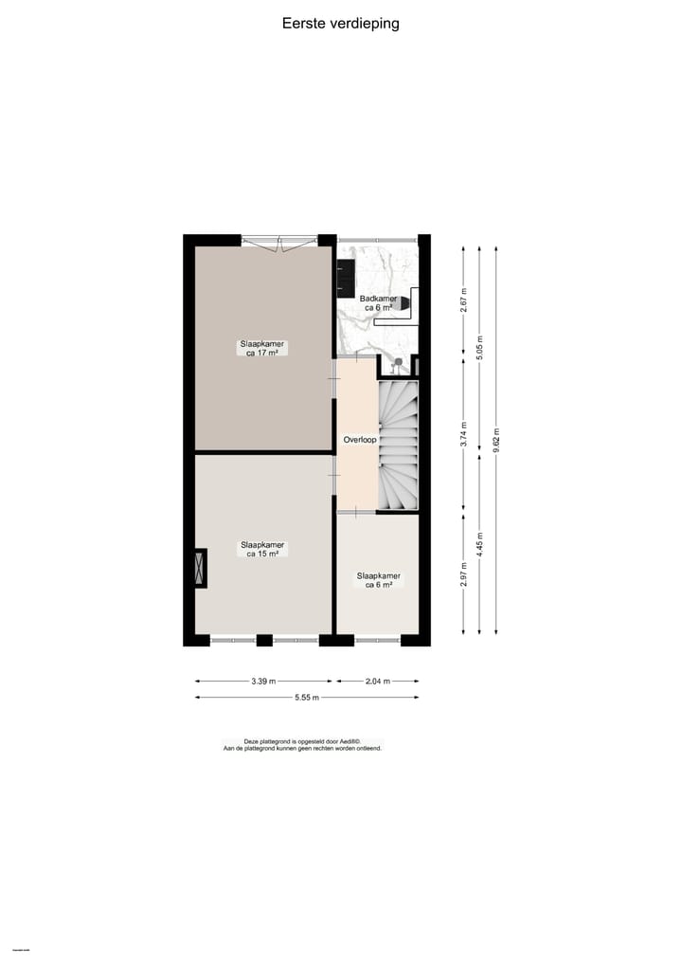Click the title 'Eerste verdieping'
coord(340,24)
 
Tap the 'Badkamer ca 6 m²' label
coord(380,302)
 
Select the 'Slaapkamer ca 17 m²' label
coord(262,348)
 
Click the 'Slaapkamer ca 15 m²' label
coord(262,549)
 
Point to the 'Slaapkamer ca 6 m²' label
coord(378,580)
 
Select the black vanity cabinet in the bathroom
coord(345,272)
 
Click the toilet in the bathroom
coord(404,302)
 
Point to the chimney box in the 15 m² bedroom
coord(199,569)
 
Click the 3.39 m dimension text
coord(265,681)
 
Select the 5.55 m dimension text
coord(305,698)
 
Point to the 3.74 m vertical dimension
coord(463,433)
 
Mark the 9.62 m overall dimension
coord(496,442)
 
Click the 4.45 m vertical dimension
coord(479,548)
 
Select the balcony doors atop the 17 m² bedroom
coord(279,242)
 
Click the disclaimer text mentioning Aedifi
coord(301,745)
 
